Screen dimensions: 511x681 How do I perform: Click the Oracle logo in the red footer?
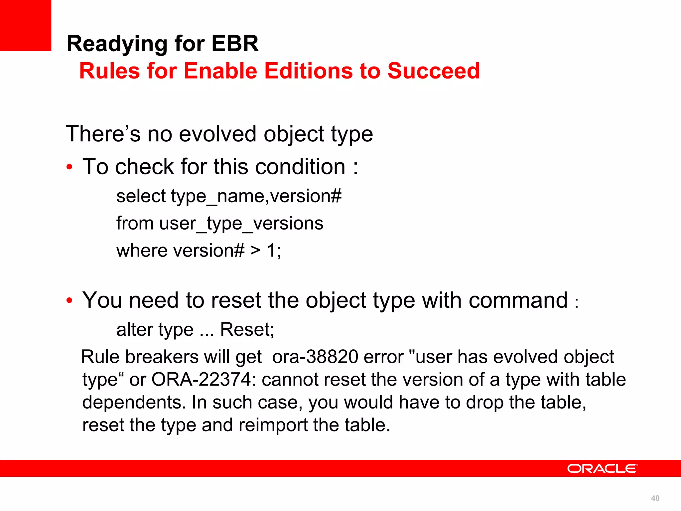click(602, 468)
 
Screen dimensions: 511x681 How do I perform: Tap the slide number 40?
click(655, 498)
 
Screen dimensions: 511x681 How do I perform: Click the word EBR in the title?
click(235, 44)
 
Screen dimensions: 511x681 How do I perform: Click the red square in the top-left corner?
click(25, 25)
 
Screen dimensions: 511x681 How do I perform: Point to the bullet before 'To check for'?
click(69, 167)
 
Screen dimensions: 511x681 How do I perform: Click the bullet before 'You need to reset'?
click(69, 301)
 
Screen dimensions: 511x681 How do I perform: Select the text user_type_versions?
click(241, 223)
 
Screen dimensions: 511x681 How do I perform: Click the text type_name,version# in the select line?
click(256, 196)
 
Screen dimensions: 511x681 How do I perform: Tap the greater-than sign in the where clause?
click(255, 250)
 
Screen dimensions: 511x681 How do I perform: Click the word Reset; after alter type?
click(247, 330)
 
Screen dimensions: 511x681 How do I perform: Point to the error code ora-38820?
click(315, 357)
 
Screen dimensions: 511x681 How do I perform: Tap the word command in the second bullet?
click(518, 300)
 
